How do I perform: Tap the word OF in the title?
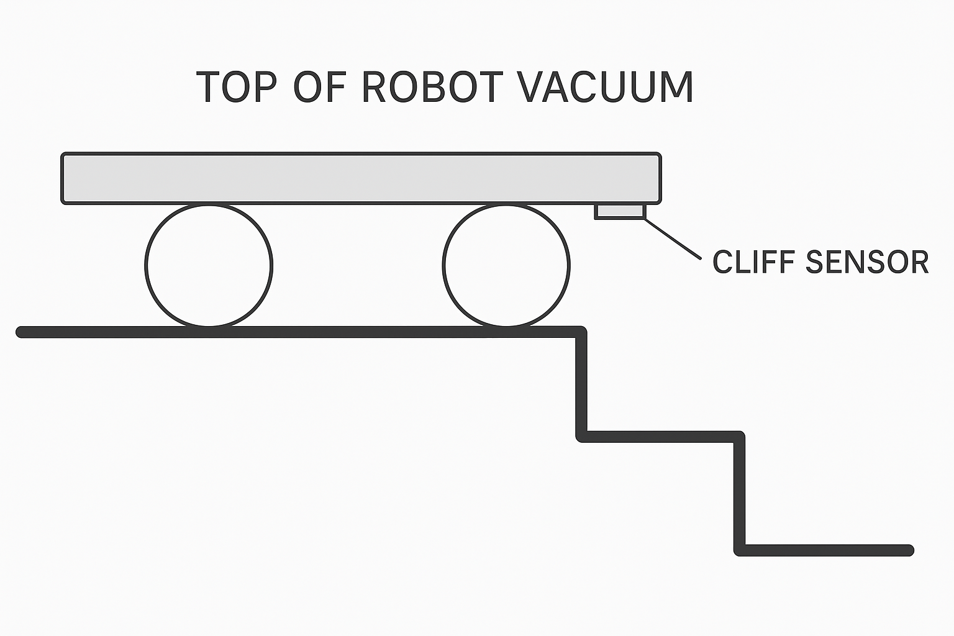pyautogui.click(x=319, y=88)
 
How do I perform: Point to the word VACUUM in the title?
pyautogui.click(x=606, y=88)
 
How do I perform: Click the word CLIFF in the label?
pyautogui.click(x=753, y=262)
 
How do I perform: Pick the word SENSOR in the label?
pyautogui.click(x=866, y=262)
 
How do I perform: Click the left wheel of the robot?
pyautogui.click(x=209, y=265)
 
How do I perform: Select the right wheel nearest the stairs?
pyautogui.click(x=506, y=265)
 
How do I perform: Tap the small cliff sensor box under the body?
pyautogui.click(x=620, y=211)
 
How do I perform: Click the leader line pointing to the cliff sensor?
pyautogui.click(x=673, y=238)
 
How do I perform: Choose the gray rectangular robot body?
pyautogui.click(x=360, y=178)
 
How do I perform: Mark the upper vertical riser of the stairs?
pyautogui.click(x=581, y=384)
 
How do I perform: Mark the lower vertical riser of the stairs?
pyautogui.click(x=739, y=493)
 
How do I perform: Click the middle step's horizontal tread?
pyautogui.click(x=660, y=437)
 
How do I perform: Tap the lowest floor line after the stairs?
pyautogui.click(x=826, y=550)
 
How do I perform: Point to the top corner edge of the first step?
pyautogui.click(x=581, y=332)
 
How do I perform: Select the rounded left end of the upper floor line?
pyautogui.click(x=21, y=332)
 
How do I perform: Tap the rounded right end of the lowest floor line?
pyautogui.click(x=909, y=550)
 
